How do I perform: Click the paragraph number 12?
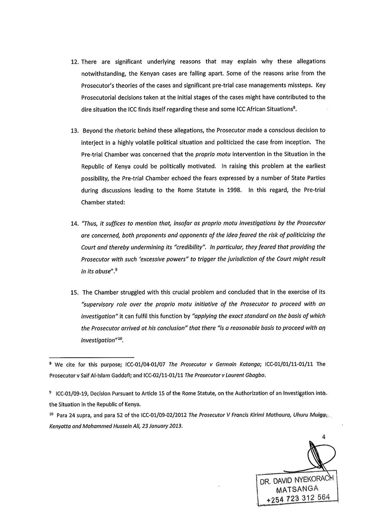[74, 62]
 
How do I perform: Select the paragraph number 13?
[74, 131]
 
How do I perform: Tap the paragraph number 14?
[74, 223]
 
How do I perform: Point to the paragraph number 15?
[74, 292]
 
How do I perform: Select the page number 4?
[323, 437]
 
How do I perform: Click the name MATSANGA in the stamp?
[297, 489]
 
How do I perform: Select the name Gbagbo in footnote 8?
[254, 376]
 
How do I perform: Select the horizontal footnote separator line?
[91, 357]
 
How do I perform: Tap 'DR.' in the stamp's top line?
[266, 481]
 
